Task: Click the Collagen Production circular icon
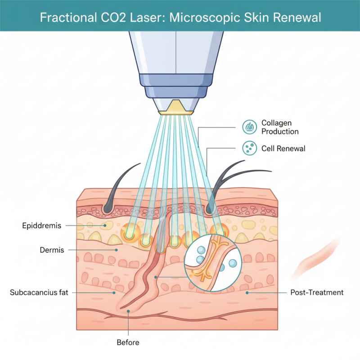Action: [x=249, y=127]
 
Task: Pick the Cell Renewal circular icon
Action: [x=249, y=148]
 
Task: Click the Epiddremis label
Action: [x=41, y=225]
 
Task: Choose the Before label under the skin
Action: [x=128, y=342]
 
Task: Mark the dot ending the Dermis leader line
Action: [x=117, y=249]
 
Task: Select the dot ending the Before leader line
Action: [x=128, y=311]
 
